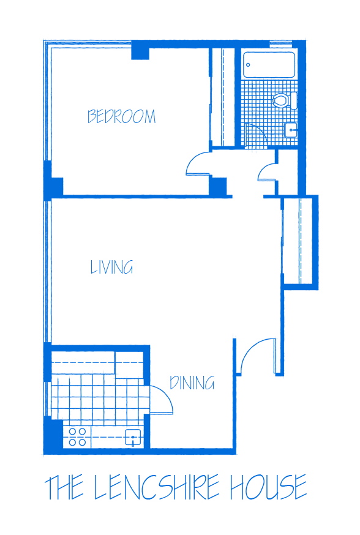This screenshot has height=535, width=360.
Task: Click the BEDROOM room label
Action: [x=121, y=116]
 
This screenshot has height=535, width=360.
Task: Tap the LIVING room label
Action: [x=111, y=267]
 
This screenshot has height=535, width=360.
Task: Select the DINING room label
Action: [x=192, y=383]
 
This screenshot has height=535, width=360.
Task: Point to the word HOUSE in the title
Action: [x=268, y=487]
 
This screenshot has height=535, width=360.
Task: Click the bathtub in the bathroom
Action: [x=269, y=65]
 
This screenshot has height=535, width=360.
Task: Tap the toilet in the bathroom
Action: [x=285, y=100]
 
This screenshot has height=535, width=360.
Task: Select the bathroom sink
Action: [x=291, y=130]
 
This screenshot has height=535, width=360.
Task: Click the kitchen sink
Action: [x=133, y=438]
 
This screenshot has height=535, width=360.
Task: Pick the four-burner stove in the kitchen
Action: [x=78, y=436]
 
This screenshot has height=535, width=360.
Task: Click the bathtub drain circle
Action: [x=248, y=65]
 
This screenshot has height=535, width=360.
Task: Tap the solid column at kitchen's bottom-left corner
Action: [x=54, y=435]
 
